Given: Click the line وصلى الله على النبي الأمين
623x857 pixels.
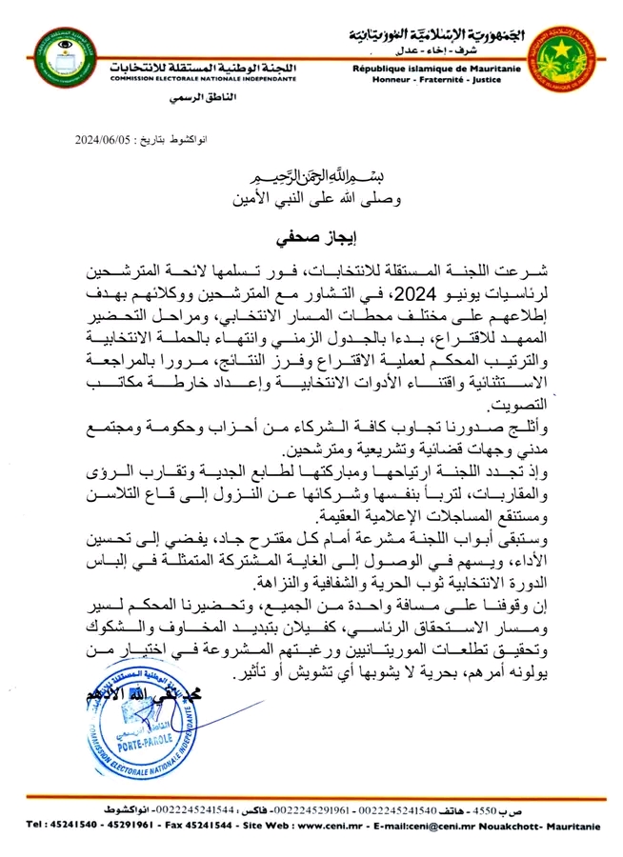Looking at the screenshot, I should click(x=311, y=201).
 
